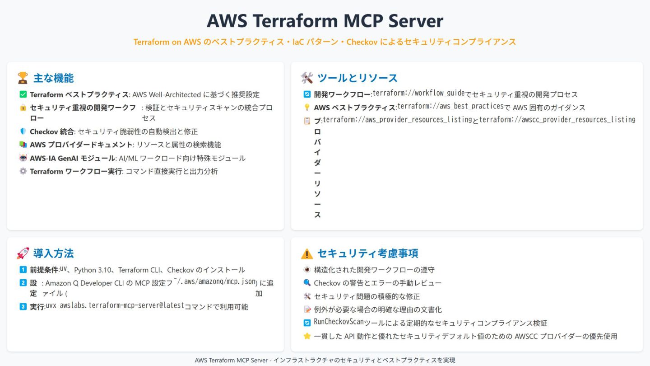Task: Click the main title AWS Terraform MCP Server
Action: pos(325,21)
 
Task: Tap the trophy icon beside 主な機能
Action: pos(23,78)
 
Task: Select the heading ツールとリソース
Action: pos(357,78)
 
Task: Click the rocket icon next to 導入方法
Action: pos(23,253)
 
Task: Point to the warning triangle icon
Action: pos(306,253)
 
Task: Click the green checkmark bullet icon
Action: pos(23,94)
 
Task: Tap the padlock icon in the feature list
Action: pos(23,108)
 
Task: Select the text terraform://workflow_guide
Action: pos(418,94)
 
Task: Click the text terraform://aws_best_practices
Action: pos(450,107)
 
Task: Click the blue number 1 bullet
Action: pos(23,270)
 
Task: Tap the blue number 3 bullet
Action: pos(23,307)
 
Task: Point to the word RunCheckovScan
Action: pos(339,322)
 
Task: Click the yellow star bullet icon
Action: pos(307,336)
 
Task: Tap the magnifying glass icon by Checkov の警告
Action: pos(307,283)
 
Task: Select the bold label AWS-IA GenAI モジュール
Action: pos(72,158)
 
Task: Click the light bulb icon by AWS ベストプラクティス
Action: pos(307,108)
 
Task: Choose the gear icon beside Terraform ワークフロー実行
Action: pos(23,171)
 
